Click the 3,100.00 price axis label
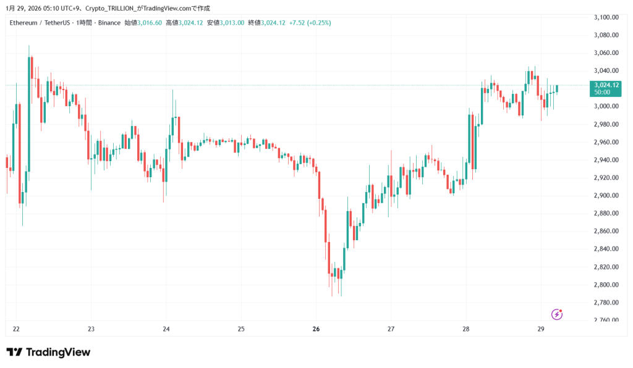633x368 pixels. click(605, 17)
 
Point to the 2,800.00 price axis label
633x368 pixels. click(605, 285)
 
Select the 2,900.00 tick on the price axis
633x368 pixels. click(605, 196)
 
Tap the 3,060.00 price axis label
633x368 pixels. click(605, 53)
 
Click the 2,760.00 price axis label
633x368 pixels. click(605, 320)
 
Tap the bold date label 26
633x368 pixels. click(316, 329)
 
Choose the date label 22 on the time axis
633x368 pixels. click(16, 329)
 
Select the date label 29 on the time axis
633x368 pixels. click(540, 329)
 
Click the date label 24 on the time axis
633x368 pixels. click(166, 329)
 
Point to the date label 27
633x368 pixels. click(391, 329)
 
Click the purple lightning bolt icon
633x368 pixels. click(557, 314)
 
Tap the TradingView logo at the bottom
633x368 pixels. click(49, 352)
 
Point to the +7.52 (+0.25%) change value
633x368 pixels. click(310, 23)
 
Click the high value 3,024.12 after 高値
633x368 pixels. click(190, 23)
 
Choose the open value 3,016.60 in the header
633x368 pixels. click(150, 23)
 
